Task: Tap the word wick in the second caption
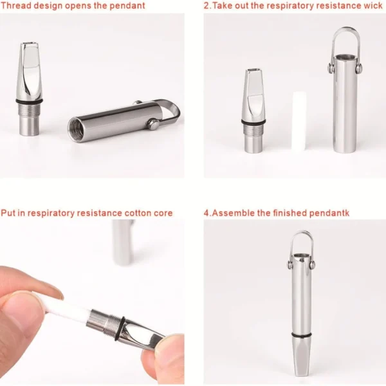pos(373,5)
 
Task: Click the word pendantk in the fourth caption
pos(329,213)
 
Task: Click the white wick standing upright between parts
pos(299,121)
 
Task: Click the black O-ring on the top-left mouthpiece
pos(30,100)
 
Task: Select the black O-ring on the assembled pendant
pos(301,335)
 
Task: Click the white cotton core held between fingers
pos(70,311)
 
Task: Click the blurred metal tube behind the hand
pos(123,243)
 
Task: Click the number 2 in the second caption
pos(207,5)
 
